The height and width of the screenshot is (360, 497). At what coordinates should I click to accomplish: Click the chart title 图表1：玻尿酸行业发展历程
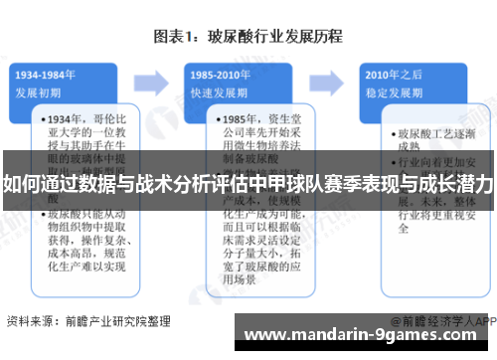(248, 37)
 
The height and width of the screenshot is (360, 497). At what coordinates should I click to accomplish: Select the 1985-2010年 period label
(219, 74)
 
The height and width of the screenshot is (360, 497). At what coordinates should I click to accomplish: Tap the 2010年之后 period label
(389, 74)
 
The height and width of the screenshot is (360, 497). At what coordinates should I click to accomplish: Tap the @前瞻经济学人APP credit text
(441, 321)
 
